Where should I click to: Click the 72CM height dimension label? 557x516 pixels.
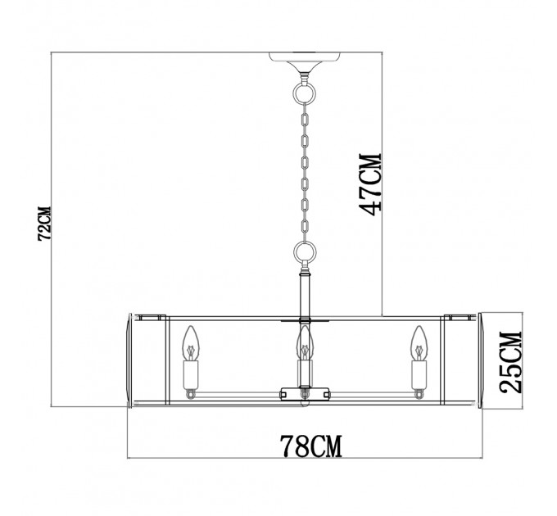pyautogui.click(x=45, y=224)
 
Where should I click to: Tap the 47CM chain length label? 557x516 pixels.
pyautogui.click(x=371, y=184)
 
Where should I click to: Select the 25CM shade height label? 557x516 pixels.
pyautogui.click(x=511, y=362)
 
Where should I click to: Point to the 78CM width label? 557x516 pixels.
pyautogui.click(x=311, y=446)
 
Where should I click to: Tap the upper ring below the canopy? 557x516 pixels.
pyautogui.click(x=304, y=93)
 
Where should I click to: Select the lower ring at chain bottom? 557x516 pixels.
pyautogui.click(x=305, y=252)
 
